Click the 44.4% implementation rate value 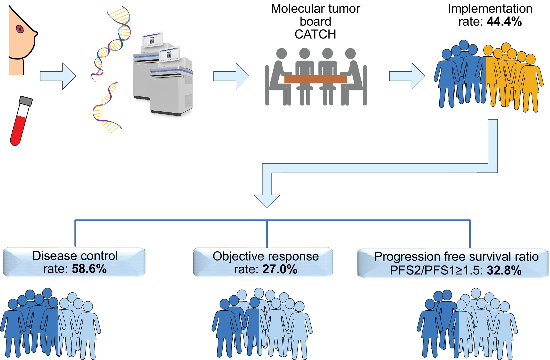tap(504, 22)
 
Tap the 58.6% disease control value tap(89, 269)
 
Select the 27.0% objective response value tap(280, 269)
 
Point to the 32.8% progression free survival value tap(504, 271)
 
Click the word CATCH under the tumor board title tap(315, 34)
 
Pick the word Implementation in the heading tap(490, 9)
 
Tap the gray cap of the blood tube tap(26, 101)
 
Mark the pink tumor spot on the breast tap(20, 29)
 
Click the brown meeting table tap(315, 79)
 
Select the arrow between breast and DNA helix tap(58, 76)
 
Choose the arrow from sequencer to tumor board tap(231, 76)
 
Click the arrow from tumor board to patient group tap(407, 76)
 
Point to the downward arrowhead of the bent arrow tap(267, 201)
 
